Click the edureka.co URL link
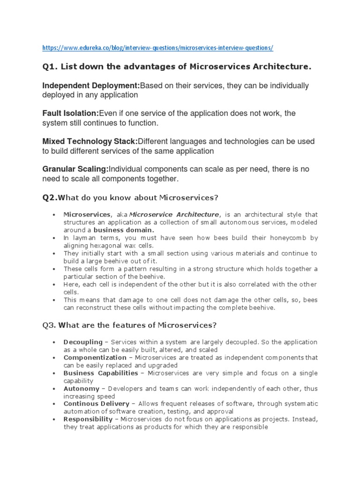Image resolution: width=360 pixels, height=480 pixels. pyautogui.click(x=157, y=48)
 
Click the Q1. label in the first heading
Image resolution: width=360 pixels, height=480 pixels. pyautogui.click(x=50, y=67)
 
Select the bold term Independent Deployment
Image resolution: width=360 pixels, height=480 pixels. pyautogui.click(x=91, y=86)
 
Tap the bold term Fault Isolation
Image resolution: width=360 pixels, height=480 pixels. pyautogui.click(x=71, y=113)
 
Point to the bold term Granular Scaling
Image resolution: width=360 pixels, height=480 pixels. pyautogui.click(x=75, y=169)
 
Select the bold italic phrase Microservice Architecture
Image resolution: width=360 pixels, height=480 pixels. pyautogui.click(x=174, y=214)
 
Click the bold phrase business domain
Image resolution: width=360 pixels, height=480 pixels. pyautogui.click(x=124, y=230)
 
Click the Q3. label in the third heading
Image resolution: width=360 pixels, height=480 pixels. pyautogui.click(x=50, y=325)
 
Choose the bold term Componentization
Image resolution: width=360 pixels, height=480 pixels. pyautogui.click(x=95, y=358)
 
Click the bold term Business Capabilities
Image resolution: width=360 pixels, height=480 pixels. pyautogui.click(x=101, y=373)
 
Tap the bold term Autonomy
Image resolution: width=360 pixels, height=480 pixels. pyautogui.click(x=82, y=389)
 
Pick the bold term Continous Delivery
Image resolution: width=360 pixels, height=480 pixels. pyautogui.click(x=96, y=404)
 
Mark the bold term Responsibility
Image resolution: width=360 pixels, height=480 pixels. pyautogui.click(x=88, y=419)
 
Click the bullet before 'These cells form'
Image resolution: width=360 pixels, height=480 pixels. pyautogui.click(x=54, y=269)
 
